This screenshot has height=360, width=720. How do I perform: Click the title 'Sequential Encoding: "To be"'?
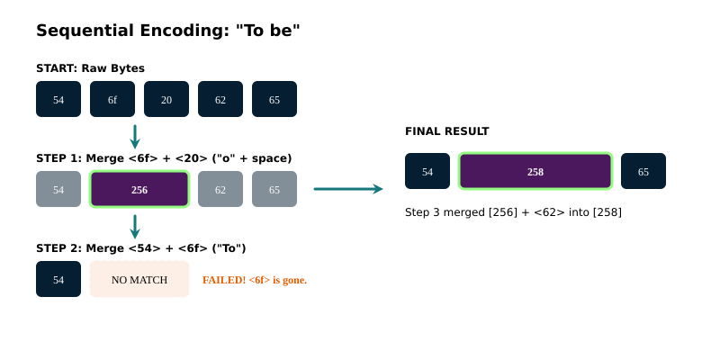pos(167,31)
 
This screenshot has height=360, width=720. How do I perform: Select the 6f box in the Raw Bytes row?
pos(112,99)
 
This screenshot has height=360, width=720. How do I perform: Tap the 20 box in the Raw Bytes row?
pos(166,99)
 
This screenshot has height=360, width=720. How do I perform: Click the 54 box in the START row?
pos(58,99)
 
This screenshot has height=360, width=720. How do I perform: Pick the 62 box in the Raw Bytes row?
pos(220,99)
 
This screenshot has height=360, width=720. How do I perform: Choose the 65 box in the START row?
pos(274,99)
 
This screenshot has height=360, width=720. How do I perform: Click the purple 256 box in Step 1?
pos(139,189)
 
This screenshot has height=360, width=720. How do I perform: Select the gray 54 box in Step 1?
pos(58,189)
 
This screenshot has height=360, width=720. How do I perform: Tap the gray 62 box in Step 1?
pos(220,189)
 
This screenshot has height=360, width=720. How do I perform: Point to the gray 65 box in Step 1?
pos(274,189)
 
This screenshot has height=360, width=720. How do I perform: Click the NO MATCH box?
pos(139,279)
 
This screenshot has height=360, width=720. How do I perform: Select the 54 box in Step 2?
pos(58,279)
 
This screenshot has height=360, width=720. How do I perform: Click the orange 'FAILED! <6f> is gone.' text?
pos(255,280)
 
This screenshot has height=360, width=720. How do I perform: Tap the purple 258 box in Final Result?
pos(535,171)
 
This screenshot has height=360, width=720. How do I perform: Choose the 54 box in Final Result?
pos(427,171)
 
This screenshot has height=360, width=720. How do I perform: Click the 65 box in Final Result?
pos(643,171)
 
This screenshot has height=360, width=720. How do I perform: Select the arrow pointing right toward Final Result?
pos(348,189)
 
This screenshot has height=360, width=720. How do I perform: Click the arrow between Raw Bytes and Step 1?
pos(135,137)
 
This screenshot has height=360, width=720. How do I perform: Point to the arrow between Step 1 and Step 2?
pos(135,227)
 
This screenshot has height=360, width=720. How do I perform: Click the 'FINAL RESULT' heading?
pos(447,131)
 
